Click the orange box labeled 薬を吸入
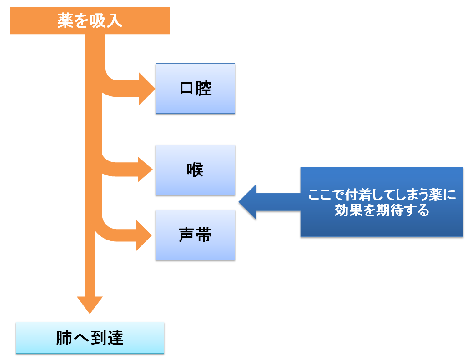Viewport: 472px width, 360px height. (x=90, y=20)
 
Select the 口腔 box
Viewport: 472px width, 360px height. (x=195, y=89)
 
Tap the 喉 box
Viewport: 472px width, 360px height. (x=195, y=170)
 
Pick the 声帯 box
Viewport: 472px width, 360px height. (x=195, y=235)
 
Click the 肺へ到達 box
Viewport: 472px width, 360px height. (x=90, y=338)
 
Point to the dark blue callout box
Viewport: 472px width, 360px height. (x=382, y=202)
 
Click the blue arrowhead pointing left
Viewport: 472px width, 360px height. (x=247, y=202)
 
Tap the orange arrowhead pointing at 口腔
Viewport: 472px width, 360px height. (x=146, y=89)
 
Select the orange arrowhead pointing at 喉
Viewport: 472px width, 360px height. (x=145, y=170)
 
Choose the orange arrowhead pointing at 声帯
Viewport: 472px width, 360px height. (x=144, y=235)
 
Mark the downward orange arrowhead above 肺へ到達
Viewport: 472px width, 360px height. (x=90, y=305)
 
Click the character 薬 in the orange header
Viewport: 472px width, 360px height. (x=65, y=21)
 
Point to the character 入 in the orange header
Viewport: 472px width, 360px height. (x=114, y=21)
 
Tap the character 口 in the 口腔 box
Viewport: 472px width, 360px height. (x=186, y=89)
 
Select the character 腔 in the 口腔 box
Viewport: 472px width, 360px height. (x=204, y=89)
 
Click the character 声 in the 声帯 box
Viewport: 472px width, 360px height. (x=186, y=235)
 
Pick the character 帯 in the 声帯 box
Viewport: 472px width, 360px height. (x=204, y=235)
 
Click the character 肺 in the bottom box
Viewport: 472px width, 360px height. (x=64, y=338)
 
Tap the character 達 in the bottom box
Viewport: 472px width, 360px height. (x=115, y=338)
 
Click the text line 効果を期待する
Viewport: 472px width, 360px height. (x=382, y=210)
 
